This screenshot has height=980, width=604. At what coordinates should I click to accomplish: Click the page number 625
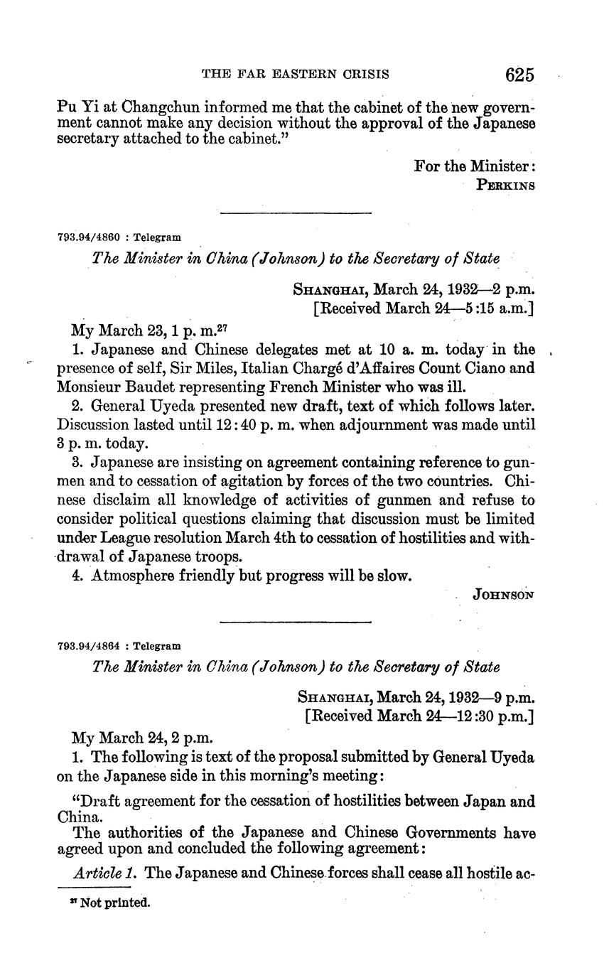pos(519,75)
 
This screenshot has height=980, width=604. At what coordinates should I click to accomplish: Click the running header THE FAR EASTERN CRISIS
pos(296,74)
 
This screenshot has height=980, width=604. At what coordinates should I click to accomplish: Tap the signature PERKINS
pos(505,185)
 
